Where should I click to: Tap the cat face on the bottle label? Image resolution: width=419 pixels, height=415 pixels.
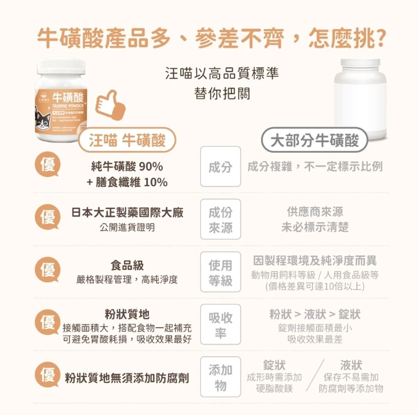[x=42, y=120]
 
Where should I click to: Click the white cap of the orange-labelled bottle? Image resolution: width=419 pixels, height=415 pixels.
[x=61, y=66]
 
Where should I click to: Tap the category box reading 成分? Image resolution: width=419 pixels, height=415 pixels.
[x=220, y=167]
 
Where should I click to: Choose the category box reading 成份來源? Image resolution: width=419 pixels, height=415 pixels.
[x=220, y=220]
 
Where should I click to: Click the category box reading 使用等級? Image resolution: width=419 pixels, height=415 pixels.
[x=220, y=272]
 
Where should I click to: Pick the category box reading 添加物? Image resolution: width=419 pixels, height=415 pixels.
[x=220, y=377]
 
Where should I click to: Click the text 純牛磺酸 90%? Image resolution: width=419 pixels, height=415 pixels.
[x=127, y=167]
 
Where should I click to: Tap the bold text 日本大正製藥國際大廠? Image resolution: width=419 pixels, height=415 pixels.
[x=127, y=212]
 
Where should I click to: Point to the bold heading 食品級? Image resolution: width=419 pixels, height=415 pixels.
[x=127, y=265]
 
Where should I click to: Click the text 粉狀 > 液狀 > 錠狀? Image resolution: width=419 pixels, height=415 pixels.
[x=315, y=314]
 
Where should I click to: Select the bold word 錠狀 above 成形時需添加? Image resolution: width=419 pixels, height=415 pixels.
[x=274, y=365]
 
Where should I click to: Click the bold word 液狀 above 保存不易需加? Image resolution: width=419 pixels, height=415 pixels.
[x=351, y=365]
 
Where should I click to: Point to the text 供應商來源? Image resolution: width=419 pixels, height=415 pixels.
[x=315, y=212]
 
